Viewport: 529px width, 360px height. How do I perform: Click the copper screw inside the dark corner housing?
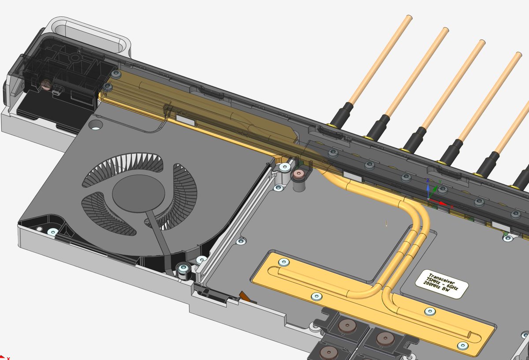click(45, 83)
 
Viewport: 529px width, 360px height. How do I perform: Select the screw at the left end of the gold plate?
click(283, 263)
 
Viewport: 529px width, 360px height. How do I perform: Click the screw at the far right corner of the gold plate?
click(462, 345)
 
